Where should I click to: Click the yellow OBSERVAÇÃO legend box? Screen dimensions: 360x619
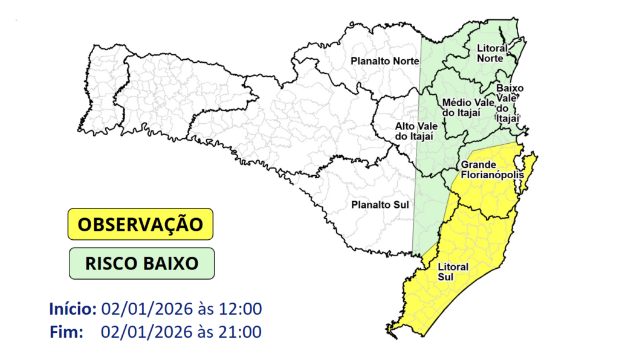pos(141,224)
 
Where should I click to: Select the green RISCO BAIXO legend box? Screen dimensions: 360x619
pos(141,263)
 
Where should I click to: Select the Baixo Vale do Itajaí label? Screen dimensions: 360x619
pos(508,103)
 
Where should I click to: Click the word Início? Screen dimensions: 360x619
pos(73,309)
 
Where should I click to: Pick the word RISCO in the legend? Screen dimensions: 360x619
pos(109,264)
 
